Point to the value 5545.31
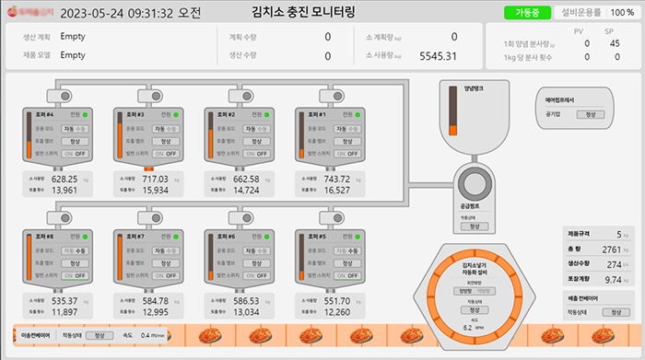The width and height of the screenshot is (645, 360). click(438, 56)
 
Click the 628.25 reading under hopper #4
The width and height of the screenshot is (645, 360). click(64, 179)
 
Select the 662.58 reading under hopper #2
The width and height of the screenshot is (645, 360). click(246, 179)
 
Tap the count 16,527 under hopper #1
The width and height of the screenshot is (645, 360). click(336, 191)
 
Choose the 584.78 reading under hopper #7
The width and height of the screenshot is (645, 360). click(155, 300)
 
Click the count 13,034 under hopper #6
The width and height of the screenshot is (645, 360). click(246, 312)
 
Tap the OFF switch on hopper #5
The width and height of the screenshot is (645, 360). click(353, 275)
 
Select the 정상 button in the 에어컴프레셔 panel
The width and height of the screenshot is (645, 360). click(585, 114)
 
